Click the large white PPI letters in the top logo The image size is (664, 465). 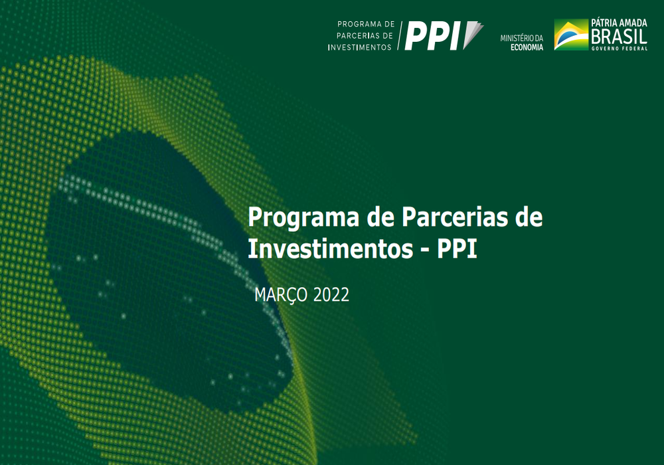(x=432, y=36)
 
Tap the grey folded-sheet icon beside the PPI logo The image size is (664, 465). (x=473, y=35)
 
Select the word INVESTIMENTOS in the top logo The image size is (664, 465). (x=359, y=47)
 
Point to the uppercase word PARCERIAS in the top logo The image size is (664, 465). (x=365, y=36)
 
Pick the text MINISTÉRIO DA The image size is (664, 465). (x=522, y=38)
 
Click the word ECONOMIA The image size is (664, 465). (x=527, y=47)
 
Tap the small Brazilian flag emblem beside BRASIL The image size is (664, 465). (x=571, y=35)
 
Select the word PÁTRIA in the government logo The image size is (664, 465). (x=604, y=23)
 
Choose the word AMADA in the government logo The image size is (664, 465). (x=633, y=23)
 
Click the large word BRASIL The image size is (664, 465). (x=619, y=37)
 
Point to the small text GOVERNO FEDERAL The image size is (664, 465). (x=620, y=48)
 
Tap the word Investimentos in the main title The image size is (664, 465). (x=330, y=248)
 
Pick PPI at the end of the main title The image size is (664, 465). (x=457, y=249)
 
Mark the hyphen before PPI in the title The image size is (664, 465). (x=425, y=250)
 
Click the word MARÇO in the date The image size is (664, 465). (x=281, y=295)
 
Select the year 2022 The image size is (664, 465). (x=331, y=295)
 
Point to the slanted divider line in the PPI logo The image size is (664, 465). (x=400, y=36)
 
